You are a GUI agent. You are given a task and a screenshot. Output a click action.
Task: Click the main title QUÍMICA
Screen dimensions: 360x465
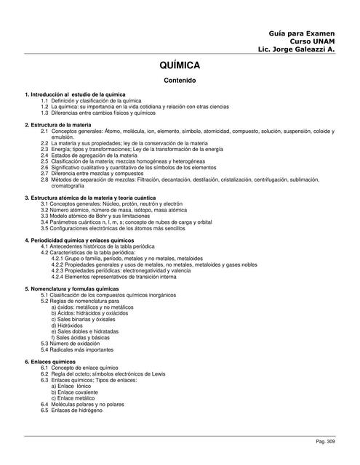tap(180, 65)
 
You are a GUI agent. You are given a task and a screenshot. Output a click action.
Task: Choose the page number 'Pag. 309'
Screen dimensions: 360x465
tap(325, 441)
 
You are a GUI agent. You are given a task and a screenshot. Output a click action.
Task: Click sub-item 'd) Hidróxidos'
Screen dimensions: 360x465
tap(71, 325)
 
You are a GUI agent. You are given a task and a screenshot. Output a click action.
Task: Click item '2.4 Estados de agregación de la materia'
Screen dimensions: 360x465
tap(95, 155)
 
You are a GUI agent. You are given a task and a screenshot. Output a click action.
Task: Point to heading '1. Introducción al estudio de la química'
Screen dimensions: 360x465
tap(75, 94)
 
